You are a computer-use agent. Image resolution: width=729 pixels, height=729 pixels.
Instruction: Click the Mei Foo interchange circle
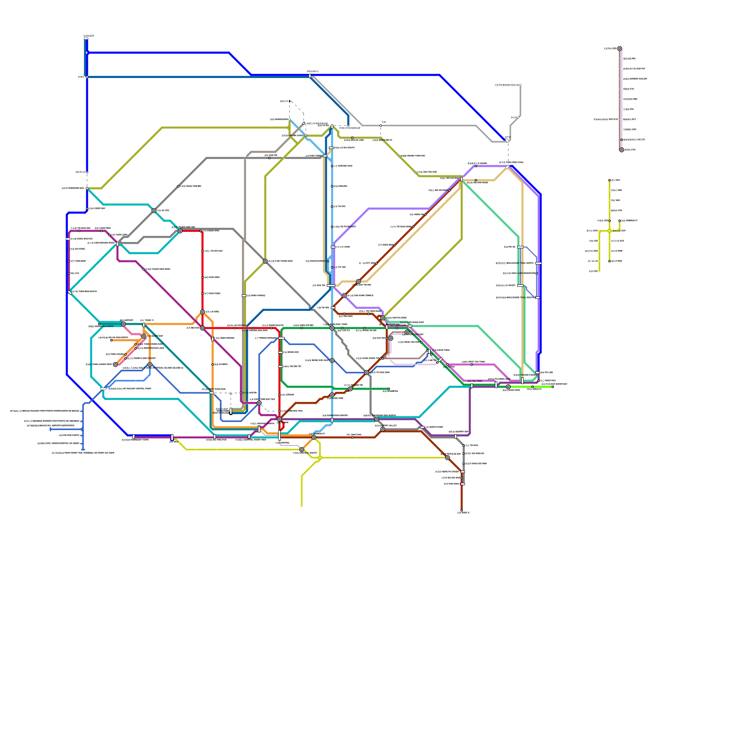point(202,328)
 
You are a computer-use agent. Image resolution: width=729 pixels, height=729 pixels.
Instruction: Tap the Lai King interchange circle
point(202,312)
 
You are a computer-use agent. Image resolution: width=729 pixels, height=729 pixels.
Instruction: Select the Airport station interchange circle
point(123,324)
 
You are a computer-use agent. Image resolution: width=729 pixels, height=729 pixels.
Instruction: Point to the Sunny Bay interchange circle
point(144,336)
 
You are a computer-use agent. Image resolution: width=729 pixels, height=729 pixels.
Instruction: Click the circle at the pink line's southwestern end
point(115,364)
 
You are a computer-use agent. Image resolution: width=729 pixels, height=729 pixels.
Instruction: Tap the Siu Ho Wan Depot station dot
point(111,340)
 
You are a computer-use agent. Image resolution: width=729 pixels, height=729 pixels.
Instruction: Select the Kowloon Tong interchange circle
point(332,328)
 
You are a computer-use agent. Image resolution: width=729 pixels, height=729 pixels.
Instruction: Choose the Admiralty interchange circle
point(314,437)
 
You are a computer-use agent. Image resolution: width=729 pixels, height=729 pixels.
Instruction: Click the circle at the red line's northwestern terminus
point(180,231)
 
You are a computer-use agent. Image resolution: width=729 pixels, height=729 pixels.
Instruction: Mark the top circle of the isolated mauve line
point(619,48)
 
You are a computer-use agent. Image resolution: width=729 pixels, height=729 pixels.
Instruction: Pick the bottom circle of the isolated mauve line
point(621,150)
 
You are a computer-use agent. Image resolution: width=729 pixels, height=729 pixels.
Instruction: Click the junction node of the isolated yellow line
point(610,231)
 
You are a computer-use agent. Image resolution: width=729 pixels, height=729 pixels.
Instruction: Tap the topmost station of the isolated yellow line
point(610,180)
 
